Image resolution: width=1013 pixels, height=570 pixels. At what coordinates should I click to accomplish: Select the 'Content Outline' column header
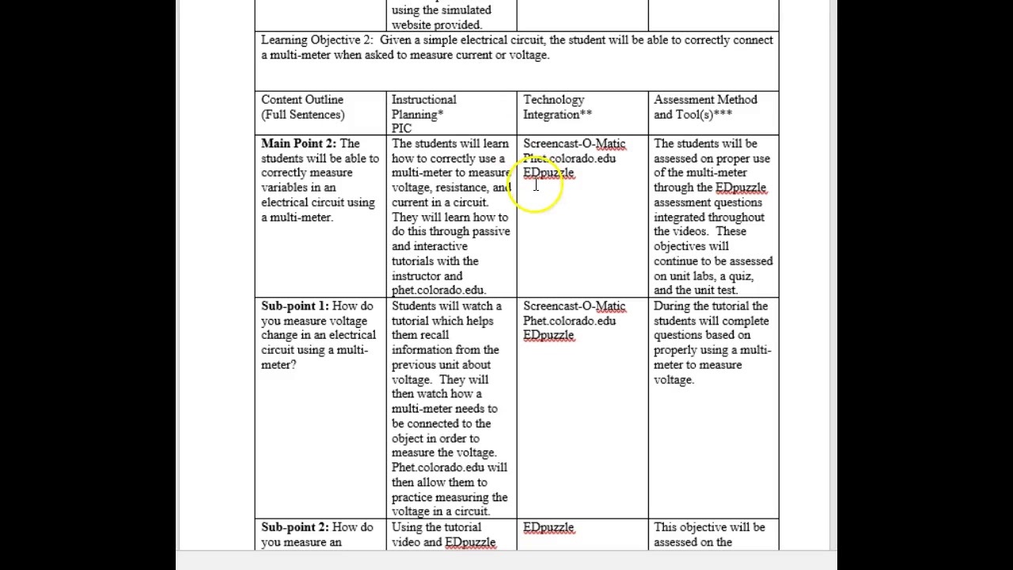tap(302, 100)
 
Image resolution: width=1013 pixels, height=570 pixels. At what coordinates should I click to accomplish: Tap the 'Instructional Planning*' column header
tap(423, 107)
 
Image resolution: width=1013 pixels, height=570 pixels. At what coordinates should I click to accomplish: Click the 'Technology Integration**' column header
tap(557, 107)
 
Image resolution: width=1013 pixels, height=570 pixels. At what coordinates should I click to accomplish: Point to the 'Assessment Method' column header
tap(705, 100)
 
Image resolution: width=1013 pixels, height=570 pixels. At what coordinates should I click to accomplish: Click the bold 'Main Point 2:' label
tap(298, 144)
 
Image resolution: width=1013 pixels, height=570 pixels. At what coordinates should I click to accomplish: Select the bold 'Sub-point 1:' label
tap(294, 306)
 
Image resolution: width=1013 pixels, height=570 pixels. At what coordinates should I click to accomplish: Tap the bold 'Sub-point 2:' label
tap(294, 527)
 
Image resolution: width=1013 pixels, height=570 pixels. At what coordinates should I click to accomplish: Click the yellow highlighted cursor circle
tap(537, 188)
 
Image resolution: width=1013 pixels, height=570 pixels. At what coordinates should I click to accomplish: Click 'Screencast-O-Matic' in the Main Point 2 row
tap(574, 144)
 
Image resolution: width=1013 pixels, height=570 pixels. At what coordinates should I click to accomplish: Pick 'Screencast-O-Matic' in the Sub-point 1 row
tap(574, 306)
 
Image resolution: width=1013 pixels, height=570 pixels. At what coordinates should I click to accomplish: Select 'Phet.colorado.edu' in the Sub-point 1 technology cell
tap(569, 321)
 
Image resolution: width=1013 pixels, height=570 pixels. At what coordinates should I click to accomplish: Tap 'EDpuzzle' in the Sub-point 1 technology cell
tap(548, 336)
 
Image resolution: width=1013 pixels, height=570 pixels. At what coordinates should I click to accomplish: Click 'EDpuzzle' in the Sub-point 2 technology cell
tap(548, 527)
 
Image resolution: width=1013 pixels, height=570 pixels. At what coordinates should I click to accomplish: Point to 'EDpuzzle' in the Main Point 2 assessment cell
tap(741, 188)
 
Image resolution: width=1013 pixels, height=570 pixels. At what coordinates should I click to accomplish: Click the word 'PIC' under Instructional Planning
tap(401, 128)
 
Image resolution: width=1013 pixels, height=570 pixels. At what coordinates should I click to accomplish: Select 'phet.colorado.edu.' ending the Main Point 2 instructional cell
tap(438, 291)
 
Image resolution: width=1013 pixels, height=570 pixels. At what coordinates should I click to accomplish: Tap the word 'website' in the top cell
tap(414, 25)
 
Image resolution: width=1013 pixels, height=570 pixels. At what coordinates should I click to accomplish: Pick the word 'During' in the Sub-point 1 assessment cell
tap(671, 306)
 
